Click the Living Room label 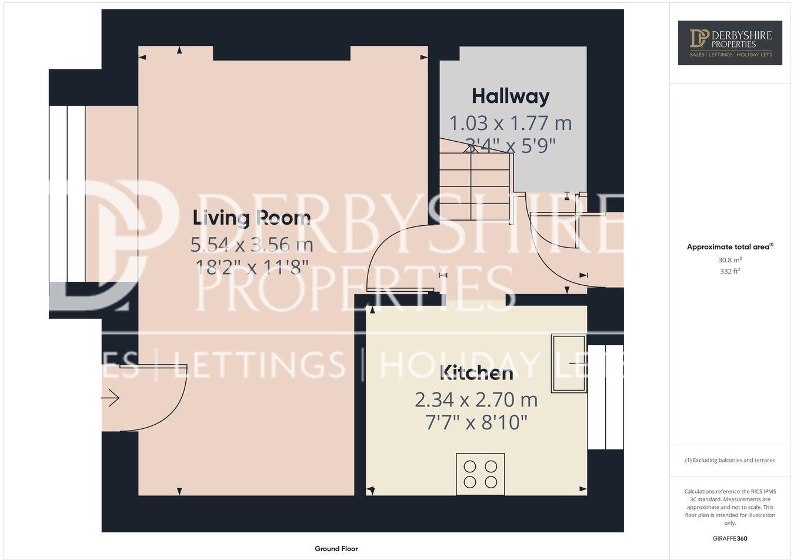click(252, 218)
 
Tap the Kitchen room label click(476, 373)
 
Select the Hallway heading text click(511, 96)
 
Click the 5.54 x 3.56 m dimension click(252, 244)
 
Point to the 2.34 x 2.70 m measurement click(476, 400)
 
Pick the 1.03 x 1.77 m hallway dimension click(511, 124)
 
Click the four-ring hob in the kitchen click(481, 474)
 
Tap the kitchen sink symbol click(568, 364)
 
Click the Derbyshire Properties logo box click(730, 42)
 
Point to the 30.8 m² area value click(730, 259)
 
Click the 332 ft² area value click(730, 271)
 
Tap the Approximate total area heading click(730, 247)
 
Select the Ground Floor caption click(336, 549)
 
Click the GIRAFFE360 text click(730, 538)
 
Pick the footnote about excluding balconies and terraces click(730, 460)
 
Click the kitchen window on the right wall click(606, 398)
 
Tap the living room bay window click(68, 194)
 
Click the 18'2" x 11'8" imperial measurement click(252, 268)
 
